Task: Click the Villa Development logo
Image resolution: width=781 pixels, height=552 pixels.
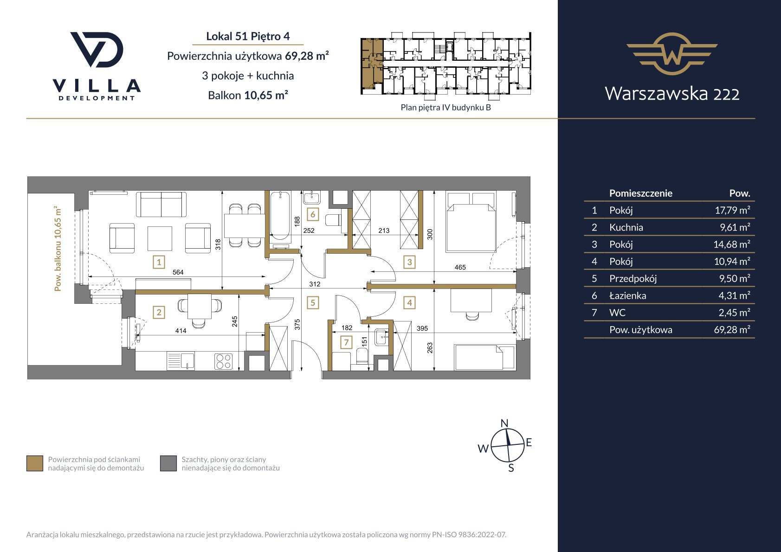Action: (97, 66)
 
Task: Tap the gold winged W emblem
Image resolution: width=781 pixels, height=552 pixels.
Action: (672, 54)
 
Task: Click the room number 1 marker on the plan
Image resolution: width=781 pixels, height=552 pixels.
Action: (159, 262)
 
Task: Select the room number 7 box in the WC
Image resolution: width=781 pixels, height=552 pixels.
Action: (346, 342)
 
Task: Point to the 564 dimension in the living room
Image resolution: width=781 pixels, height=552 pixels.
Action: (178, 272)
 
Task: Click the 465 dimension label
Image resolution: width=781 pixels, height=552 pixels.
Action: (460, 267)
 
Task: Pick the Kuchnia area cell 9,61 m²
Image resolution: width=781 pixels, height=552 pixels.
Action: (735, 227)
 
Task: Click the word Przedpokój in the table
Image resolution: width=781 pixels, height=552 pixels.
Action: (633, 279)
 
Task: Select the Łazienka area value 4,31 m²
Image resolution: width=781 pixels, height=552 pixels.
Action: (734, 295)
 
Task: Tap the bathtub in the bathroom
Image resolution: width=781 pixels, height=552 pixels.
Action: (280, 216)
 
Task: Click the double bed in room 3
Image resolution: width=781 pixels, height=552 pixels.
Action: (471, 221)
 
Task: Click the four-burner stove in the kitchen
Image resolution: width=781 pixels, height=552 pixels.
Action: (224, 361)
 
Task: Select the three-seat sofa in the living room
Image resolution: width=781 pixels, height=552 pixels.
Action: (161, 205)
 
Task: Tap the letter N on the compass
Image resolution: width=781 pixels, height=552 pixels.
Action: (504, 423)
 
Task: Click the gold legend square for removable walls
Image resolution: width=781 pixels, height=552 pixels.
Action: (35, 463)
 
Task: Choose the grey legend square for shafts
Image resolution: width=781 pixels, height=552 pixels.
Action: (168, 463)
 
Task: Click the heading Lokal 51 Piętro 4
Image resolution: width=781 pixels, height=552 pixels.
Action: (248, 36)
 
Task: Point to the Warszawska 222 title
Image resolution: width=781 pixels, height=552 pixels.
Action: (672, 93)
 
